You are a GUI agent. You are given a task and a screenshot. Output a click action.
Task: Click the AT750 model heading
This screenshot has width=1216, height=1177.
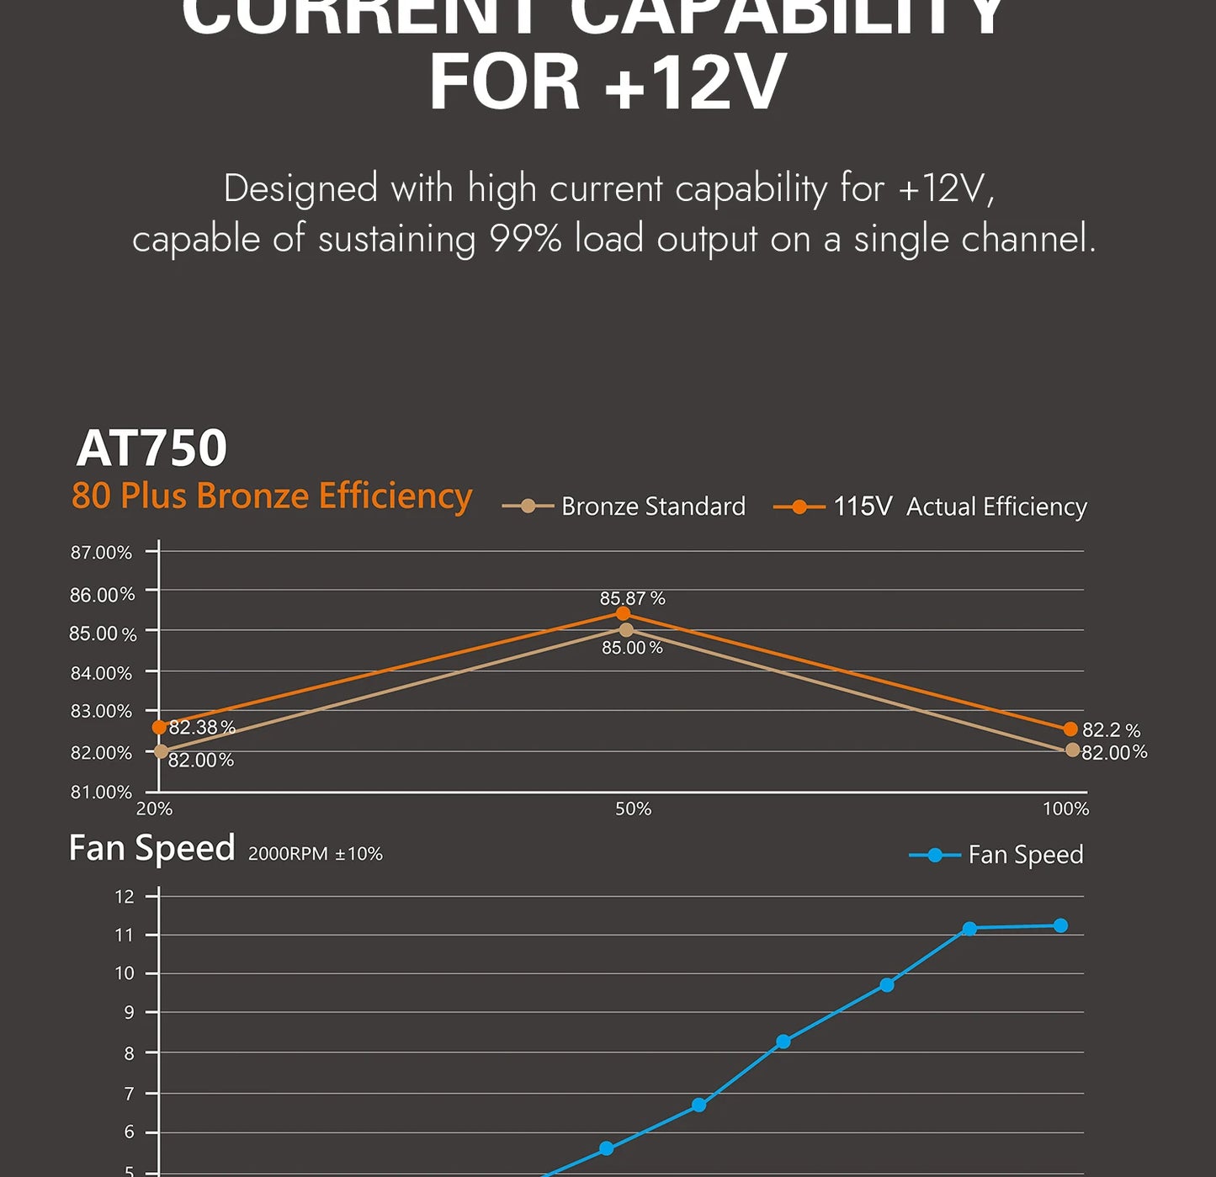[151, 448]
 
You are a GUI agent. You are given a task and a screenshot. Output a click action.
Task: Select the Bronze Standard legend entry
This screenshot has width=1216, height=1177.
[624, 506]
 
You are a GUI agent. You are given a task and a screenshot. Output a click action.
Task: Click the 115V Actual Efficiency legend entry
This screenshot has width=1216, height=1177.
[931, 506]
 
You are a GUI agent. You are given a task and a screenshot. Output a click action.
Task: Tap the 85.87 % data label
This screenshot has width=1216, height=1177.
[632, 598]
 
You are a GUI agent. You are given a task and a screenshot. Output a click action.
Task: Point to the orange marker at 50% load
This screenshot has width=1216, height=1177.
[623, 613]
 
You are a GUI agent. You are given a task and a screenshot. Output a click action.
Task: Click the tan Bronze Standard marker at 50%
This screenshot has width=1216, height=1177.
[626, 630]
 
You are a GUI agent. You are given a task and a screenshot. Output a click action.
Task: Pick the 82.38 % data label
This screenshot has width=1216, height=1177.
[202, 727]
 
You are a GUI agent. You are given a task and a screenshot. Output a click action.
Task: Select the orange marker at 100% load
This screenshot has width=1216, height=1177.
[1070, 729]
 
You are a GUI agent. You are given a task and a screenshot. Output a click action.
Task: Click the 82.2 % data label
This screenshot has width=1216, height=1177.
[1111, 729]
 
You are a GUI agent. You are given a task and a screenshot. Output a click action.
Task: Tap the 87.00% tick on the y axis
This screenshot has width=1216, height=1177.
[101, 553]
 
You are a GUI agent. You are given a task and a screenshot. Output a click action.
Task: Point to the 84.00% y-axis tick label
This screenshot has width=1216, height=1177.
[101, 673]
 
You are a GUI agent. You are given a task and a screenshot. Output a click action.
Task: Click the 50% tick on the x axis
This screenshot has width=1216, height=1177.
[633, 809]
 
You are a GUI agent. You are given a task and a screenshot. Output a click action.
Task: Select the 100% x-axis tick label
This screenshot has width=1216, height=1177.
[1065, 809]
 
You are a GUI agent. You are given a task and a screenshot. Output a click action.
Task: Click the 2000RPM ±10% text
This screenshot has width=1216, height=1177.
[316, 853]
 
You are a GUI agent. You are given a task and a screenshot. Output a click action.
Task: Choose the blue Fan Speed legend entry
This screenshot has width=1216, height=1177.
[997, 855]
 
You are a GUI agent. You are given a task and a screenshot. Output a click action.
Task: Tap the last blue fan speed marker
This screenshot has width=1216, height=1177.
[1060, 925]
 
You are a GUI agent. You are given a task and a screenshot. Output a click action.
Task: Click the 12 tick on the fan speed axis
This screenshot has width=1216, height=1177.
[125, 897]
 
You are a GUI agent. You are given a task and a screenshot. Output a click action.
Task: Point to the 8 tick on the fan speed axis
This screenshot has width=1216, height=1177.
[129, 1053]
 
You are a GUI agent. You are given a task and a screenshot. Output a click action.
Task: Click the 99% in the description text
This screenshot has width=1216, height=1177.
[525, 239]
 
